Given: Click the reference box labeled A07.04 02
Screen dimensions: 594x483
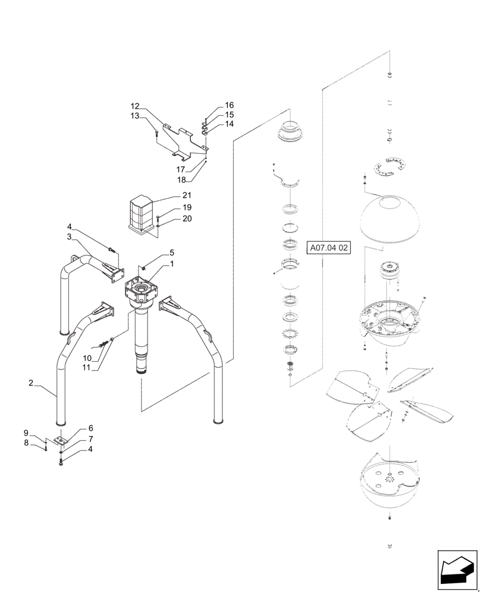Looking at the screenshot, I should [330, 248].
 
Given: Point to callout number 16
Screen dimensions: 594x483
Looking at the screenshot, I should [229, 105].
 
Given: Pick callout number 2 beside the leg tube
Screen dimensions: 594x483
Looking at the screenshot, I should [30, 383].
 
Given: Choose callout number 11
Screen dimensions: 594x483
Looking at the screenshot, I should [87, 368].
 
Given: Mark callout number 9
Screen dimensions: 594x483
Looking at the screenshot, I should [26, 432].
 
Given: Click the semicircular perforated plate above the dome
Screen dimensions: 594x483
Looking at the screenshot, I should [388, 166].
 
